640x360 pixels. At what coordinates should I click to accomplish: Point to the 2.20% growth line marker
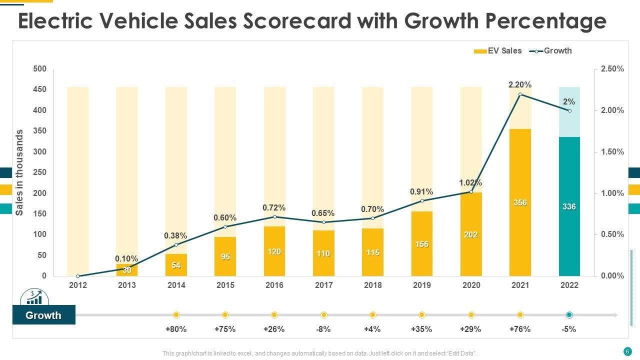coord(520,94)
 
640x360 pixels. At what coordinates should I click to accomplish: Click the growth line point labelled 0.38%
coord(176,244)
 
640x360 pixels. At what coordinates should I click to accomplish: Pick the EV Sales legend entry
coord(498,51)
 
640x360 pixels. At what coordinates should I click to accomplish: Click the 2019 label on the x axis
coord(421,285)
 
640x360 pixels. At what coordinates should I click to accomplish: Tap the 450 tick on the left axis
coord(39,89)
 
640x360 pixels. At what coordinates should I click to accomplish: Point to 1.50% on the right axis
coord(612,152)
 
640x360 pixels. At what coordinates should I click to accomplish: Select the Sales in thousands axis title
coord(20,172)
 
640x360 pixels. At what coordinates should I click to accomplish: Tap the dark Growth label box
coord(43,315)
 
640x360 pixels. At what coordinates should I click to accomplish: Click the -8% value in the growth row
coord(323,329)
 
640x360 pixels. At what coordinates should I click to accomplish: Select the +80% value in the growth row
coord(176,329)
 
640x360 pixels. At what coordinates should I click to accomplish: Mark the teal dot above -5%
coord(569,315)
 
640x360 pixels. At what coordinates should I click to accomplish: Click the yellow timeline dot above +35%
coord(421,315)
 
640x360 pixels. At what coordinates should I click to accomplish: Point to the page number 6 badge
coord(627,351)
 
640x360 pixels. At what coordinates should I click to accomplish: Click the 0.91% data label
coord(421,192)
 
